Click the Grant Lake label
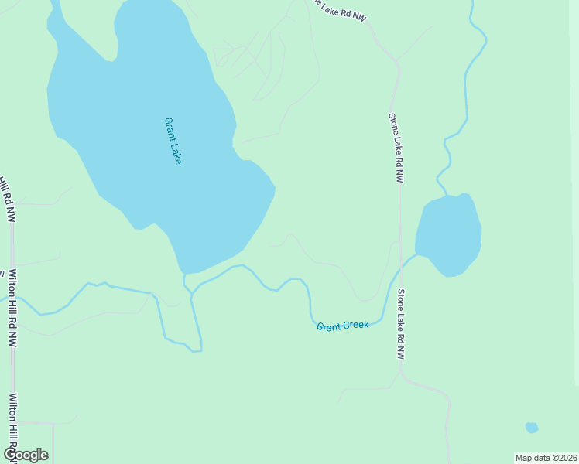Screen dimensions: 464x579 pos(173,141)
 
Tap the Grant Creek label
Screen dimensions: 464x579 pos(342,326)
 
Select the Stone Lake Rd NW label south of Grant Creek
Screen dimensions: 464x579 pos(401,325)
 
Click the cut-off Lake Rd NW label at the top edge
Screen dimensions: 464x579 pos(339,9)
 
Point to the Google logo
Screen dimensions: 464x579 pos(26,455)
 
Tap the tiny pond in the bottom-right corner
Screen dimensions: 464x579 pos(531,428)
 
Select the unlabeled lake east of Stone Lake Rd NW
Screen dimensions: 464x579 pos(449,234)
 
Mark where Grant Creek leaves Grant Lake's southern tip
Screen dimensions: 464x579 pos(184,275)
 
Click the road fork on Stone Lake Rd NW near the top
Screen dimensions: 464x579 pos(396,62)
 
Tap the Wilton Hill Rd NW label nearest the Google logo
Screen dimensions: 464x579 pos(13,421)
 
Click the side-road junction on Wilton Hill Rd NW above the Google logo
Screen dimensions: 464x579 pos(14,423)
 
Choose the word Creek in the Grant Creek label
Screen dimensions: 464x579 pos(356,326)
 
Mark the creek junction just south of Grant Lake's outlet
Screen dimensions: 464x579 pos(190,294)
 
